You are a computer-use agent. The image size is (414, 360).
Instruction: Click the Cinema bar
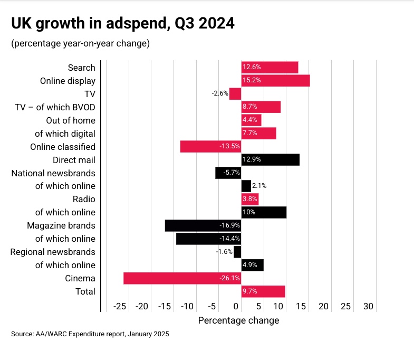click(182, 278)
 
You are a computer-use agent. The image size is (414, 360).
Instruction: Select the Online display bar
click(275, 81)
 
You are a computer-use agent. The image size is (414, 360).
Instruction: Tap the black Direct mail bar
click(270, 159)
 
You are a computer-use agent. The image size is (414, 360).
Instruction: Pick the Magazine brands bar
click(203, 225)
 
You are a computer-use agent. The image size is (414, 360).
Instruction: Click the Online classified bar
click(210, 146)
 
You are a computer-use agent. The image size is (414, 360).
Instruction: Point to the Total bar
click(263, 291)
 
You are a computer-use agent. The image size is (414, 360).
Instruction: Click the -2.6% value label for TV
click(220, 93)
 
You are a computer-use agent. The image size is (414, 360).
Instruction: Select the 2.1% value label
click(259, 186)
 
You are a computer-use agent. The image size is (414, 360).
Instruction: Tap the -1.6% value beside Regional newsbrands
click(224, 252)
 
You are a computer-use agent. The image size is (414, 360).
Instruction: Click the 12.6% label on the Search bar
click(252, 68)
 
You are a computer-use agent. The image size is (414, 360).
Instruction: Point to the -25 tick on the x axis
click(120, 307)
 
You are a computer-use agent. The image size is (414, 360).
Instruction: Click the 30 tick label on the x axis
click(368, 307)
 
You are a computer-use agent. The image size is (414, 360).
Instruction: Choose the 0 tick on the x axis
click(236, 307)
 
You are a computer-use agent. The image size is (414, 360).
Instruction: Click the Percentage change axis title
click(238, 320)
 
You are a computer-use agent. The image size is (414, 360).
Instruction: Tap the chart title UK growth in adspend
click(123, 24)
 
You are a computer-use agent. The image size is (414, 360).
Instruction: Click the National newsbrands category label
click(53, 173)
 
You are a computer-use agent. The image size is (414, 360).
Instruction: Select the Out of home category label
click(71, 120)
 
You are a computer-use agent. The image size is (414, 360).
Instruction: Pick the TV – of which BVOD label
click(55, 107)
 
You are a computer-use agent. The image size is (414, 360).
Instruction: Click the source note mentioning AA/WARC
click(90, 334)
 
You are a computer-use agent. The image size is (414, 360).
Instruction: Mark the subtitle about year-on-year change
click(80, 43)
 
